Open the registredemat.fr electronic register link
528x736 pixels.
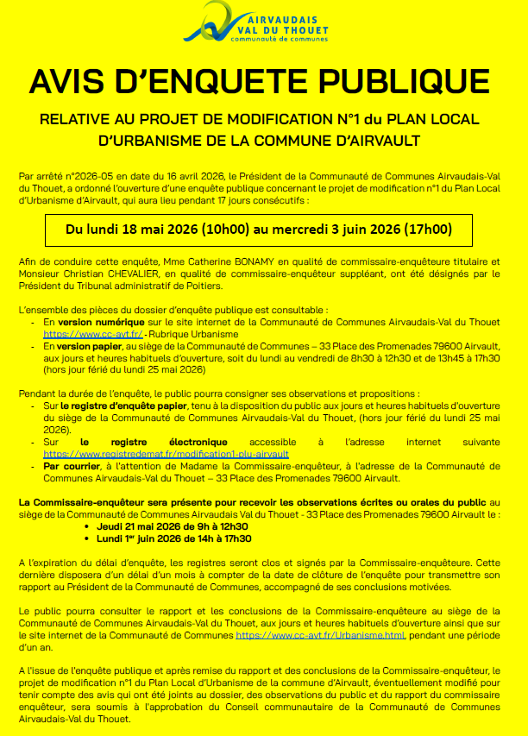165,452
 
